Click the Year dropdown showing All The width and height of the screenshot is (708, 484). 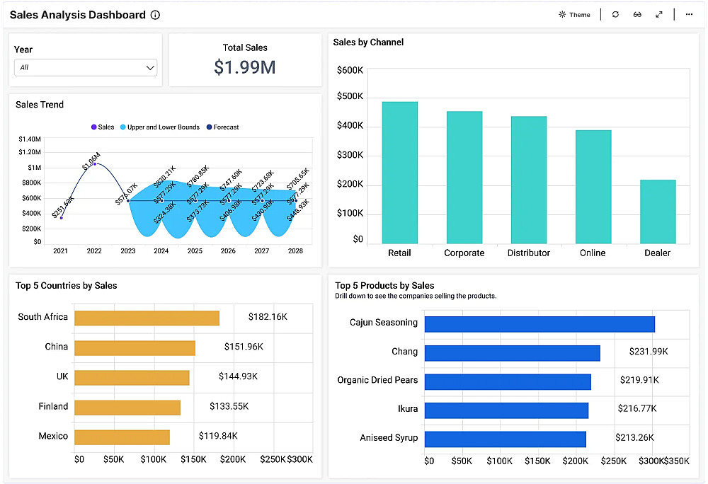click(x=86, y=68)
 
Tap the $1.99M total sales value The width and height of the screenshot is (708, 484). click(x=245, y=67)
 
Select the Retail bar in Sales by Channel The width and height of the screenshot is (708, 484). click(x=399, y=173)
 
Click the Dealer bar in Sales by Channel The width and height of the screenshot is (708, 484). click(x=658, y=212)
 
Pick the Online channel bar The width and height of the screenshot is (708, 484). click(x=593, y=187)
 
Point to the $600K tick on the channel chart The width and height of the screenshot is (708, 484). click(x=350, y=70)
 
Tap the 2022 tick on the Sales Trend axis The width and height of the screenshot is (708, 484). click(x=94, y=250)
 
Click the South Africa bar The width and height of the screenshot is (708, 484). click(x=147, y=318)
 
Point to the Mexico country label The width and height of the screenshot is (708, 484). click(x=53, y=436)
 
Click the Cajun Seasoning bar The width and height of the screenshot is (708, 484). click(x=539, y=324)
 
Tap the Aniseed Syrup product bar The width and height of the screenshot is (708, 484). click(x=505, y=439)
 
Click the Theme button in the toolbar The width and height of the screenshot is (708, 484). click(x=574, y=15)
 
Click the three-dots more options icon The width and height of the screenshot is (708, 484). click(x=689, y=15)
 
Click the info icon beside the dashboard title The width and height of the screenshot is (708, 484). click(x=156, y=15)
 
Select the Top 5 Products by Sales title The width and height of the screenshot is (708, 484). click(x=384, y=286)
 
